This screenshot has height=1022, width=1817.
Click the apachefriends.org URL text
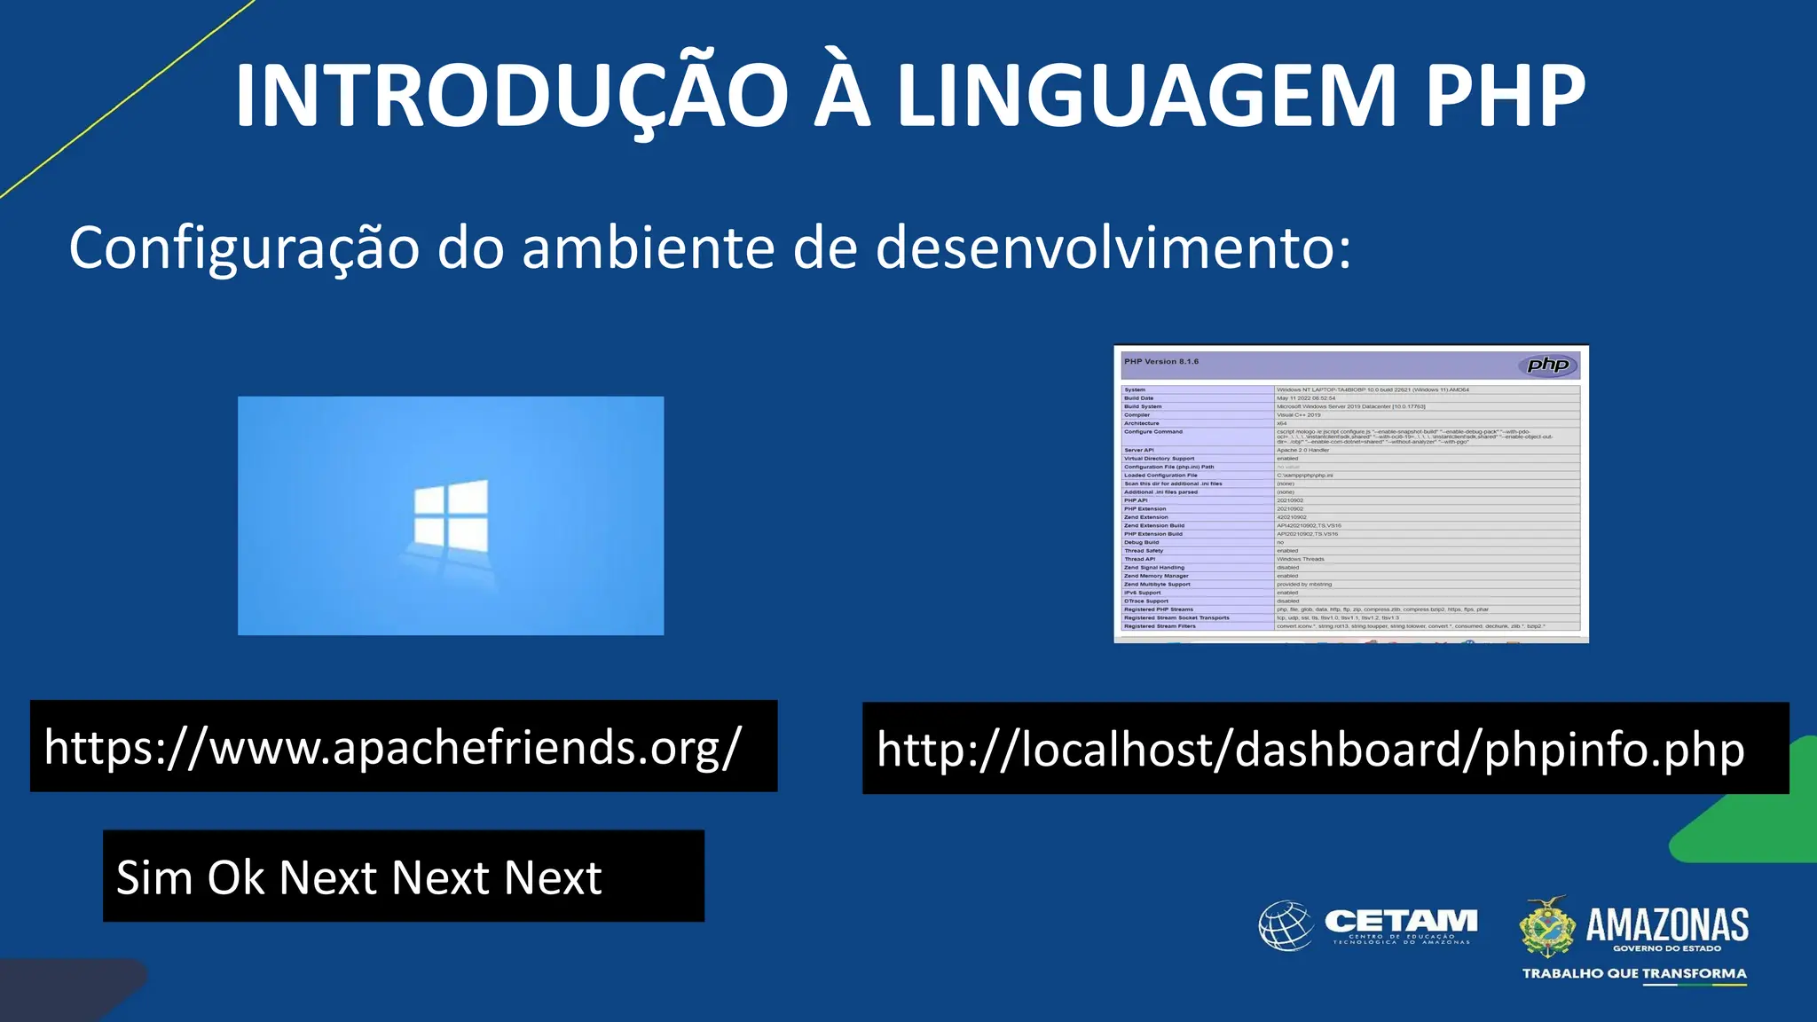pyautogui.click(x=392, y=747)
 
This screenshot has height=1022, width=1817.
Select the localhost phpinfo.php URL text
pyautogui.click(x=1310, y=750)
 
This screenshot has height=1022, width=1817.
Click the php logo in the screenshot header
pyautogui.click(x=1547, y=365)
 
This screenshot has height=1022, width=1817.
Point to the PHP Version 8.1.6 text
pyautogui.click(x=1160, y=362)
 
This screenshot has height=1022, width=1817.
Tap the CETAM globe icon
pyautogui.click(x=1286, y=925)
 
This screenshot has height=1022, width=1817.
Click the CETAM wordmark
pyautogui.click(x=1401, y=922)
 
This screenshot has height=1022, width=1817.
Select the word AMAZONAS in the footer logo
pyautogui.click(x=1667, y=925)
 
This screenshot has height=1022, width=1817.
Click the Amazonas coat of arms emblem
pyautogui.click(x=1547, y=926)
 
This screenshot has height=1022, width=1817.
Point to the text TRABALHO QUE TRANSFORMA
pyautogui.click(x=1634, y=974)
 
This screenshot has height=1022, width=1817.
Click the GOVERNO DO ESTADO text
pyautogui.click(x=1667, y=948)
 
